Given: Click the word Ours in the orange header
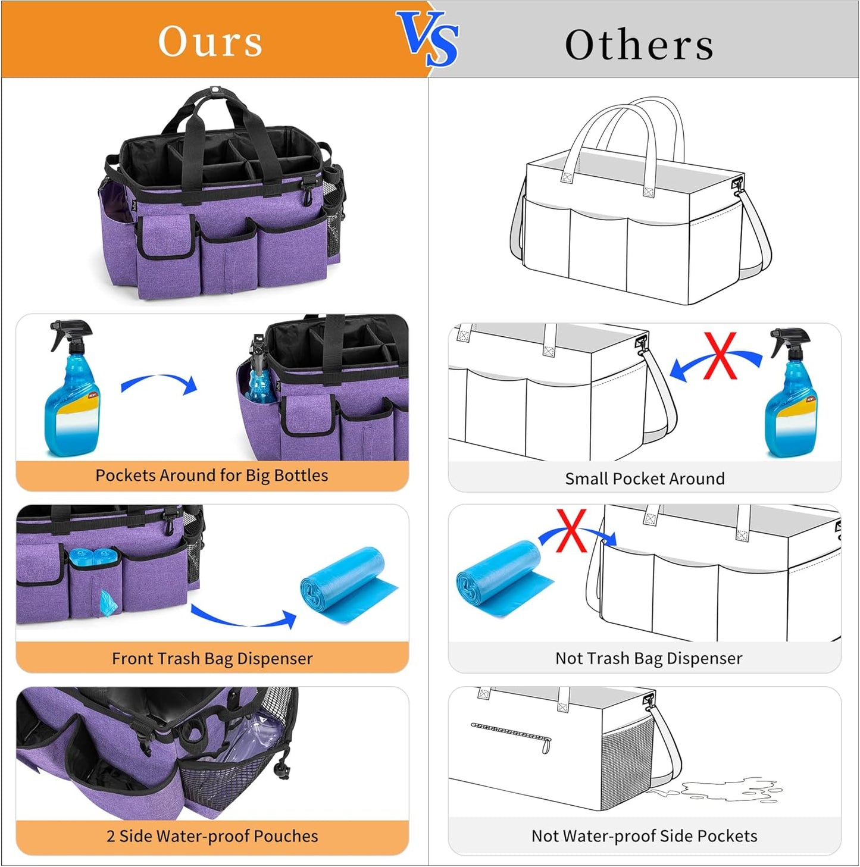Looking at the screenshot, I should tap(210, 42).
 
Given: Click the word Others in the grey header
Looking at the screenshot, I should tap(639, 45).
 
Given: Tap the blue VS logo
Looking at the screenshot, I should tap(429, 38).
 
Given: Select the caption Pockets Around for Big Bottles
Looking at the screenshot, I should tap(212, 475).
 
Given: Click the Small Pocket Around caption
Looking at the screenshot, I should tap(645, 479).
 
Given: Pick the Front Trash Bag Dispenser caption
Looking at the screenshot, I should tap(212, 659).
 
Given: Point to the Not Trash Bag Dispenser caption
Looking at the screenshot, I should tap(648, 658).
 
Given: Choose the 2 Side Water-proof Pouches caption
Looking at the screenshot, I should tap(212, 836).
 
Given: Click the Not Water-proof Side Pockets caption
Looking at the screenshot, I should tap(644, 836).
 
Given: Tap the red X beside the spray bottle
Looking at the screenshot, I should tap(720, 356).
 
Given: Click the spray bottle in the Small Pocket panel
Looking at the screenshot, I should tap(792, 393).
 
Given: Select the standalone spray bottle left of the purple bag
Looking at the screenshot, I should tap(72, 390).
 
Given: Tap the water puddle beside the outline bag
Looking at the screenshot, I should tap(726, 790).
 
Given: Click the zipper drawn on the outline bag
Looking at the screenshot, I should tap(511, 734).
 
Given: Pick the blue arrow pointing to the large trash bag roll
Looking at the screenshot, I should tap(244, 618).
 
